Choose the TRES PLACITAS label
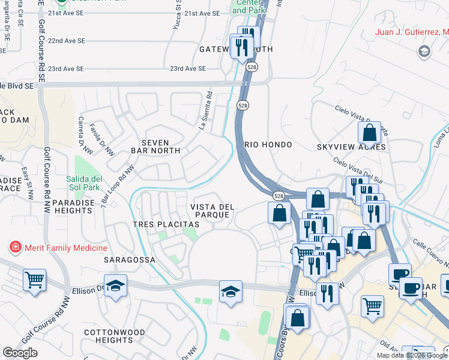166,224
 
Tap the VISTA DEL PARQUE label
212,211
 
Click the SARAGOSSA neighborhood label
129,260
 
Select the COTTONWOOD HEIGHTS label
114,336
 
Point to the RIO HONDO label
268,145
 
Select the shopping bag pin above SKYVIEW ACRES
370,132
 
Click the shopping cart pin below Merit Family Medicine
34,279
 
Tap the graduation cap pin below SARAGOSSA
115,286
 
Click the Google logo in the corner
20,353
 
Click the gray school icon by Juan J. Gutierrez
425,52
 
